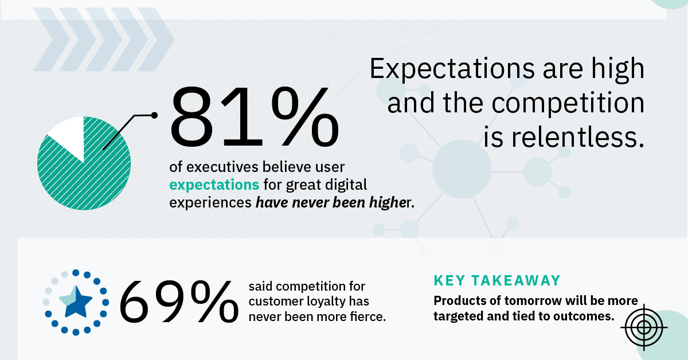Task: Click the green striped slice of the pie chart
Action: coord(86,172)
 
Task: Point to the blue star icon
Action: coord(75,302)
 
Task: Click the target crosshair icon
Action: coord(644,328)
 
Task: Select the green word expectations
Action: coord(214,185)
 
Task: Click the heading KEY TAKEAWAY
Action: coord(497,280)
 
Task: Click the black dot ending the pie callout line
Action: coord(154,115)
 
